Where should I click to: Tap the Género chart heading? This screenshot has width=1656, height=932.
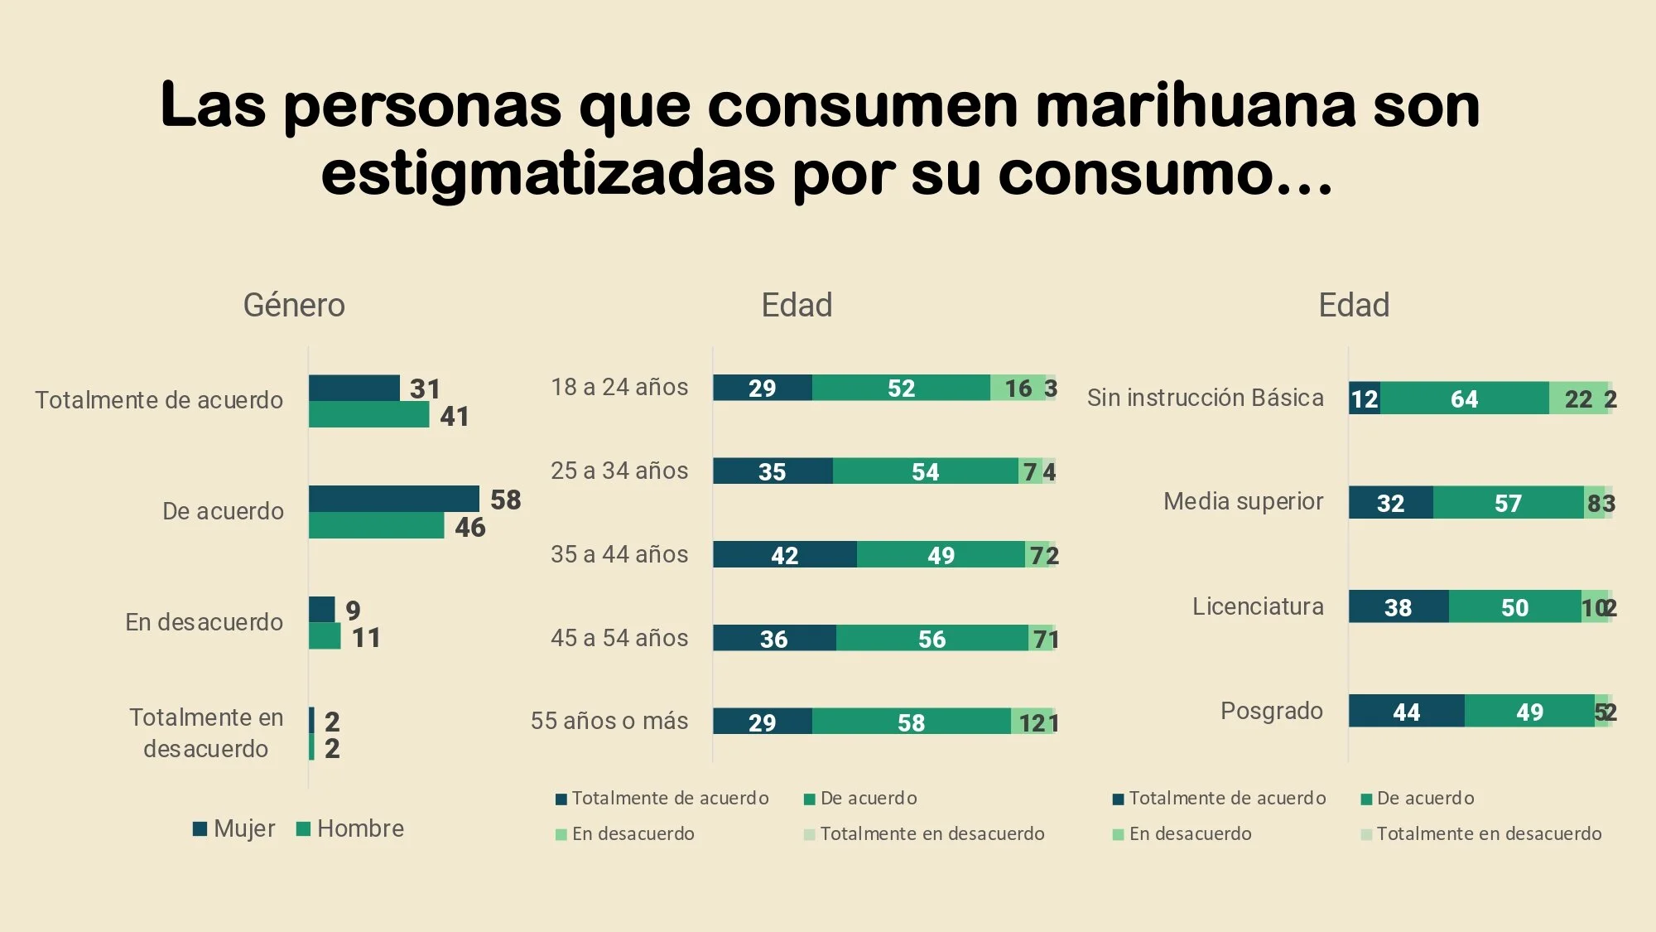tap(294, 305)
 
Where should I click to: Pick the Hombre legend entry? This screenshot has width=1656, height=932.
tap(350, 828)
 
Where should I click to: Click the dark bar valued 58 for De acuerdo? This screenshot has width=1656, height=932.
tap(393, 499)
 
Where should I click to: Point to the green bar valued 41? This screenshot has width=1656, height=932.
tap(368, 415)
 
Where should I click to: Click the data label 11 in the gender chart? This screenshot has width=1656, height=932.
tap(366, 637)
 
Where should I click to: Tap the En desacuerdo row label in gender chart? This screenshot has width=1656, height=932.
tap(204, 622)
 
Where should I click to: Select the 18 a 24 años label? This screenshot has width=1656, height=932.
tap(619, 387)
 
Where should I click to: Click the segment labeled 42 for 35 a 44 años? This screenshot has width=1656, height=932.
tap(784, 555)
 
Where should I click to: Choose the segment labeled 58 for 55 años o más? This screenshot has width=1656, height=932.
tap(911, 722)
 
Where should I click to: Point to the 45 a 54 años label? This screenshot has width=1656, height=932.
tap(619, 638)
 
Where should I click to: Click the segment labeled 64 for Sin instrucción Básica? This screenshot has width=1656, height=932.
tap(1464, 398)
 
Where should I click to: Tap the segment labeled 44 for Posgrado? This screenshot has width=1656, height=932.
tap(1406, 711)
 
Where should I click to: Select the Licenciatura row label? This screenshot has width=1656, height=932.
tap(1258, 606)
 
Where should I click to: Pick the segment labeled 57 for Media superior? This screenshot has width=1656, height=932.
tap(1508, 503)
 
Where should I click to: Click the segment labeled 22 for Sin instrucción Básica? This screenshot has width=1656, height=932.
tap(1577, 398)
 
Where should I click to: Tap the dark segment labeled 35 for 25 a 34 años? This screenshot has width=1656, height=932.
tap(772, 471)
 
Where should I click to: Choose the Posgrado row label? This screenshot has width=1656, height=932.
tap(1272, 711)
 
